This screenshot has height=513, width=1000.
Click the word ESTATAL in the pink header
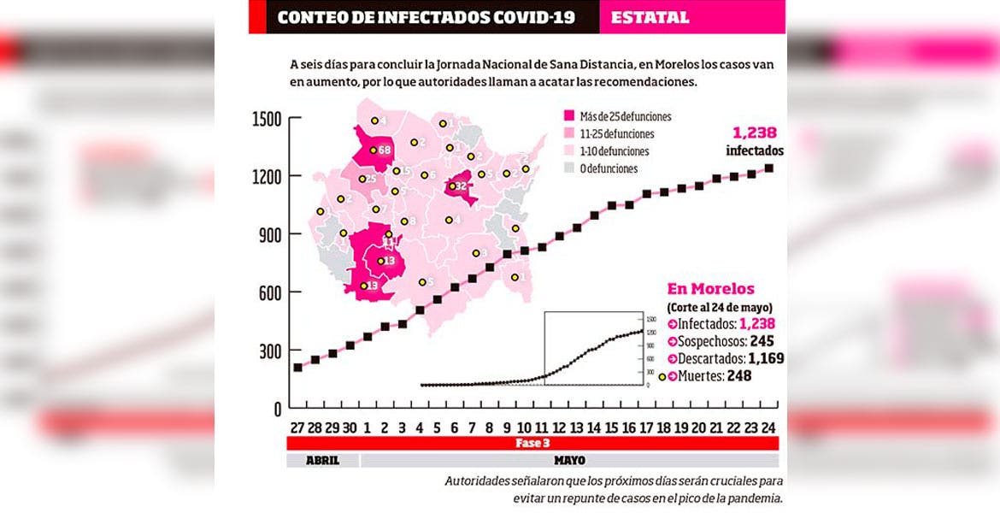pyautogui.click(x=650, y=17)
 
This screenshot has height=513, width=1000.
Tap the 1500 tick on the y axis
pyautogui.click(x=267, y=119)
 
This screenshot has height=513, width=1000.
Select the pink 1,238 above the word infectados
pyautogui.click(x=754, y=133)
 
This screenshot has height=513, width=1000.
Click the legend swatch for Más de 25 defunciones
pyautogui.click(x=568, y=116)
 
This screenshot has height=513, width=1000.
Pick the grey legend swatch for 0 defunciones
pyautogui.click(x=568, y=168)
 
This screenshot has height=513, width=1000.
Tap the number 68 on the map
pyautogui.click(x=384, y=150)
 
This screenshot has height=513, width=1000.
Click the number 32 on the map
pyautogui.click(x=460, y=186)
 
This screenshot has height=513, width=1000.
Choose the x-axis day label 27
pyautogui.click(x=297, y=427)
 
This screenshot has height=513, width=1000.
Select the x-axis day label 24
pyautogui.click(x=769, y=427)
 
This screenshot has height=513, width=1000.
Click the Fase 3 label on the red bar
pyautogui.click(x=527, y=444)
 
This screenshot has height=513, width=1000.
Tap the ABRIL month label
pyautogui.click(x=321, y=460)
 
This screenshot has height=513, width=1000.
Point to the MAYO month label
pyautogui.click(x=569, y=460)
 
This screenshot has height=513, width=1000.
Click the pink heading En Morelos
pyautogui.click(x=710, y=289)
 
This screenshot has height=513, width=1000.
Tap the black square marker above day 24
pyautogui.click(x=769, y=168)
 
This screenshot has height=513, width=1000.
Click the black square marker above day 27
pyautogui.click(x=297, y=368)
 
